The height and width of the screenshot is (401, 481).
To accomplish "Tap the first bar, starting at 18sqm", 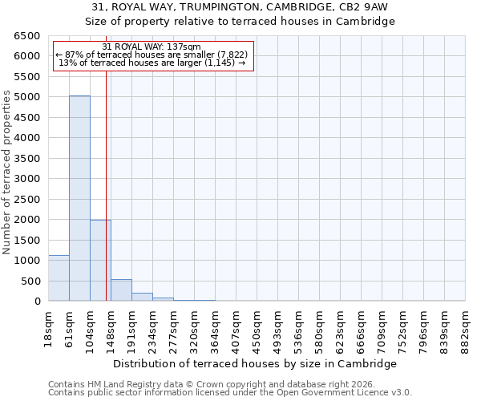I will (x=59, y=278).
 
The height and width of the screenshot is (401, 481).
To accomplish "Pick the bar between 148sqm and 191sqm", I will (x=121, y=290).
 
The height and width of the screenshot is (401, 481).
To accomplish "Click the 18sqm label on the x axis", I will (x=49, y=326).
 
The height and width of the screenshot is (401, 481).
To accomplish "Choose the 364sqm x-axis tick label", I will (x=215, y=327).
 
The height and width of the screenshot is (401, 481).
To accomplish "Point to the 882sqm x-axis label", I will (x=465, y=327).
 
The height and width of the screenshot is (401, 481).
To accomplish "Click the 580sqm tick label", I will (x=319, y=327).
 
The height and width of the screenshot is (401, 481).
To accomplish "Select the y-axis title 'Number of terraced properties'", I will (x=7, y=172).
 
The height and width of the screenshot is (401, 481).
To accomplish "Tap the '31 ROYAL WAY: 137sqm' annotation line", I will (x=152, y=47).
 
